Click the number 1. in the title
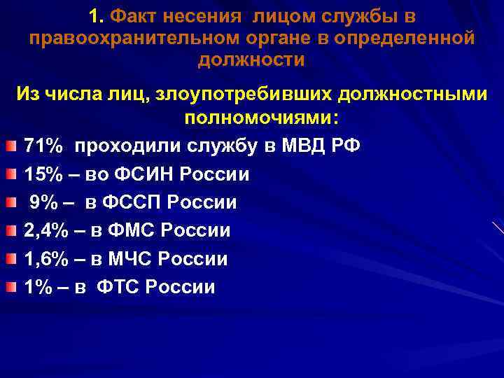coord(98,15)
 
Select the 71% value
coord(45,146)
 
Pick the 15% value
coord(45,174)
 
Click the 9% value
coord(43,202)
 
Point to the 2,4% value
coord(46,230)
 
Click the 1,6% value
coord(46,259)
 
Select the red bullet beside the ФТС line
coord(10,286)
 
